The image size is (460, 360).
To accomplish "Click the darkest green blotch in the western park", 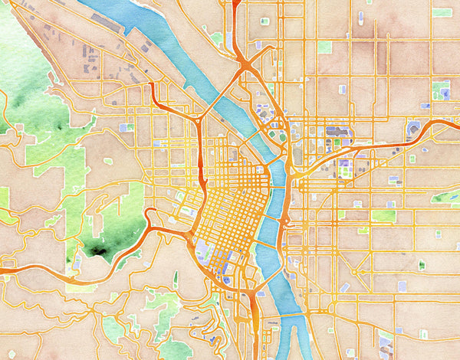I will [98, 249].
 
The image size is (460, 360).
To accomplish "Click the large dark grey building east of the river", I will [338, 132].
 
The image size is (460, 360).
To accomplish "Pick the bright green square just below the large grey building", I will [337, 142].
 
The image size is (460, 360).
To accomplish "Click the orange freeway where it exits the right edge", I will [455, 121].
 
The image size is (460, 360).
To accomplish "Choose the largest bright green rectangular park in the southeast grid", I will [383, 216].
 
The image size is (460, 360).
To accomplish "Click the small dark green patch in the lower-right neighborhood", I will [422, 265].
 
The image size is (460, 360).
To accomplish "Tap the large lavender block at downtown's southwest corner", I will [203, 249].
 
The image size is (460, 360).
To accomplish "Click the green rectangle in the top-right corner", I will [442, 12].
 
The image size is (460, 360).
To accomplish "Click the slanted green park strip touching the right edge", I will [445, 196].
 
